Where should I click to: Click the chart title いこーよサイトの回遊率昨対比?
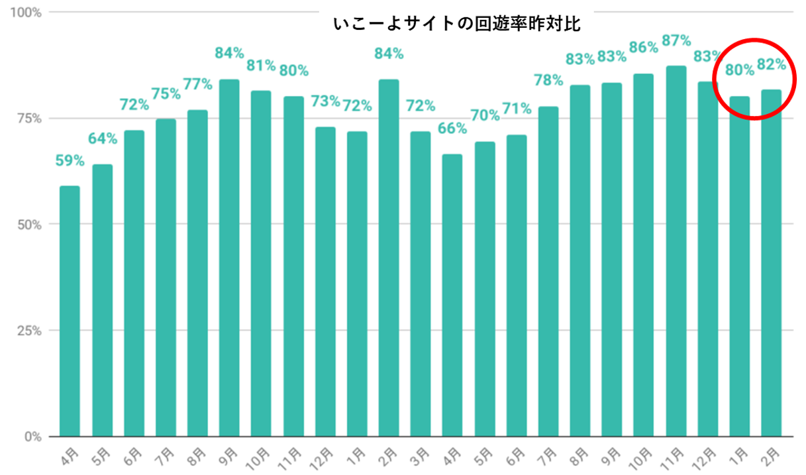pyautogui.click(x=457, y=25)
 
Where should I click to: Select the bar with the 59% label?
pyautogui.click(x=70, y=311)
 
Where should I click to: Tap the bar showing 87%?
pyautogui.click(x=676, y=252)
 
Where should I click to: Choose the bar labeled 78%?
pyautogui.click(x=548, y=272)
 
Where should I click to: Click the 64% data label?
pyautogui.click(x=103, y=138)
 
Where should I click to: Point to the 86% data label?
pyautogui.click(x=644, y=47)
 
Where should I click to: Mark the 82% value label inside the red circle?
pyautogui.click(x=772, y=64)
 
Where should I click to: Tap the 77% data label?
pyautogui.click(x=198, y=84)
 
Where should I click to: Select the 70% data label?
pyautogui.click(x=485, y=115)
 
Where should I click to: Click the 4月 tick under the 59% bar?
pyautogui.click(x=68, y=456)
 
